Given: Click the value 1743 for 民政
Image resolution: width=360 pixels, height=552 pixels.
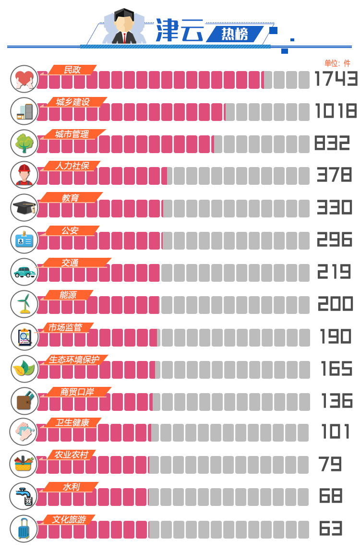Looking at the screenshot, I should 336,79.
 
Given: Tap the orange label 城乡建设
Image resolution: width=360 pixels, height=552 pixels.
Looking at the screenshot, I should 72,102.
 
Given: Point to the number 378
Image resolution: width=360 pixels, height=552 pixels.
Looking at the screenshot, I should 334,175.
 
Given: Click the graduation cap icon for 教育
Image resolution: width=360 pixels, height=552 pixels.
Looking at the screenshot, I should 24,207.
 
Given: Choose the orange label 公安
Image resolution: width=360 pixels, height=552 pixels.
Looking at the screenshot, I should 70,230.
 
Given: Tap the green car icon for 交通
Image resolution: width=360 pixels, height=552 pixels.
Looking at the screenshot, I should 24,272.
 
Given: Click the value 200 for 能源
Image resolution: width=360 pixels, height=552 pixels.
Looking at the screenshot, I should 335,304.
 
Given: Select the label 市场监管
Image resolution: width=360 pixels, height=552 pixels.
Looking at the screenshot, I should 65,327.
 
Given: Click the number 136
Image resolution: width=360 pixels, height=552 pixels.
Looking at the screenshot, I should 336,400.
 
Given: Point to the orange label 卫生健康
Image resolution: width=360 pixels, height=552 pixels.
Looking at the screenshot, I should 72,423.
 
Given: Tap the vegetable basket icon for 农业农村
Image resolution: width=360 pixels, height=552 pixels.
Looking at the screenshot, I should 24,464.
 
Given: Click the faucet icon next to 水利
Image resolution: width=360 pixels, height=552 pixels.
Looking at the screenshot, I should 24,496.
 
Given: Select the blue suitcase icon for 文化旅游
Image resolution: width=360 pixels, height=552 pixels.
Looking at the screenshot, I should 24,528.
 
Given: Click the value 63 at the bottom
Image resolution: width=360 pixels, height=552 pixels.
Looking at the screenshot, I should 331,528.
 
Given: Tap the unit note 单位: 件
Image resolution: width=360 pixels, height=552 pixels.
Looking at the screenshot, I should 337,63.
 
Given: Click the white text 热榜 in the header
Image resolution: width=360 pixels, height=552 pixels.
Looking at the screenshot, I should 235,35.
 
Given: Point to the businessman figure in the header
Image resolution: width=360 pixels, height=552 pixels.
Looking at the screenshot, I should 124,27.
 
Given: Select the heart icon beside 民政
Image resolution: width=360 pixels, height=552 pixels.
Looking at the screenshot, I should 24,79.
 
